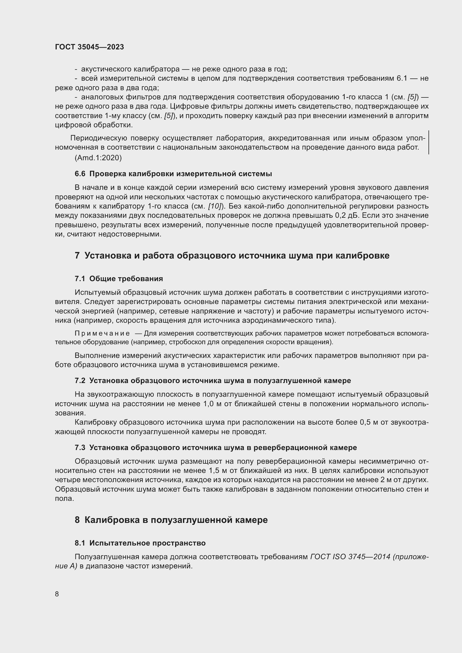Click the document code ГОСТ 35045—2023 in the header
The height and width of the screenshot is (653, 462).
pos(89,47)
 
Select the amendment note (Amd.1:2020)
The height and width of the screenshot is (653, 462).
pos(98,158)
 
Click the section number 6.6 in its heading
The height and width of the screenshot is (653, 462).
pos(80,174)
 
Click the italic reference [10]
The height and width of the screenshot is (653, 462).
pos(215,206)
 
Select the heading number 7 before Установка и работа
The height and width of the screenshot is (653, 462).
pos(77,256)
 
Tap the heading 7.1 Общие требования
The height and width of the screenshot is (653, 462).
pos(119,279)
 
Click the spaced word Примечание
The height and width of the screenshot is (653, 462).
pos(102,333)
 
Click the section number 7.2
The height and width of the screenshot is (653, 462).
pos(80,381)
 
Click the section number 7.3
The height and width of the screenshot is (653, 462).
pos(80,448)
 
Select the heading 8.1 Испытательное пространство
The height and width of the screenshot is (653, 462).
pos(140,543)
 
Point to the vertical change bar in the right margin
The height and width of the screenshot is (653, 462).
pos(428,142)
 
